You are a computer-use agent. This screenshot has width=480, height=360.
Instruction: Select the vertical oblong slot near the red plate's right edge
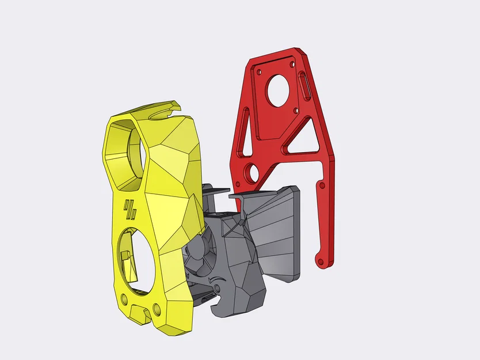(x=305, y=87)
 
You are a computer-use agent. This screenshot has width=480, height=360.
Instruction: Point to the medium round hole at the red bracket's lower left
(x=252, y=172)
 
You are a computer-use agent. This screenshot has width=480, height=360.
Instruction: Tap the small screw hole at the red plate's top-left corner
(x=260, y=73)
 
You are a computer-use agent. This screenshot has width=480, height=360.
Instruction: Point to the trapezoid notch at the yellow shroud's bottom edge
(x=140, y=314)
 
